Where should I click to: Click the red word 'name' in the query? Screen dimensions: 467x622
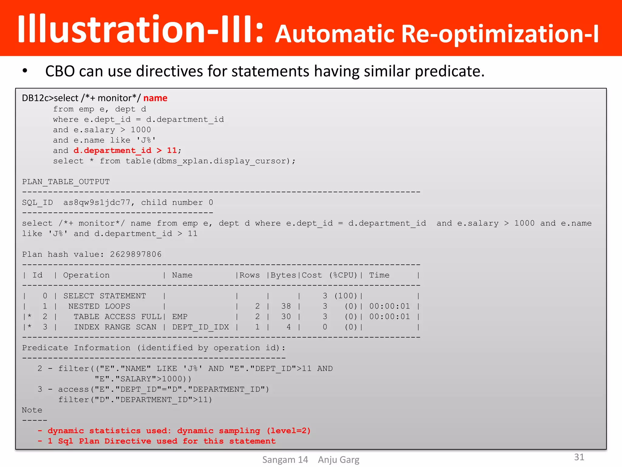155,98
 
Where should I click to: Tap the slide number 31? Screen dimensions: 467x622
579,457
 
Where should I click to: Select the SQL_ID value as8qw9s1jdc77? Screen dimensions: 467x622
97,202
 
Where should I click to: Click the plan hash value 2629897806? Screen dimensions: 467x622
135,254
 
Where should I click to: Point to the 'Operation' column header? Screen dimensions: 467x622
86,275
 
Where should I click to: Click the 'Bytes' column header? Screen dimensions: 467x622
283,275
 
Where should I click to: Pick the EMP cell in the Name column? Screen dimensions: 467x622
180,317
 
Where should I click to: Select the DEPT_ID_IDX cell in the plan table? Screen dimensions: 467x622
200,327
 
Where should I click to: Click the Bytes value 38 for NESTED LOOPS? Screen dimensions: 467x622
286,306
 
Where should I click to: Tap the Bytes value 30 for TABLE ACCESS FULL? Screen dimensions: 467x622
286,317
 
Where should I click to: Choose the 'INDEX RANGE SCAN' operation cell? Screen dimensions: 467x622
115,327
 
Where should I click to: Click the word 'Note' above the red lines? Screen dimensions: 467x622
32,410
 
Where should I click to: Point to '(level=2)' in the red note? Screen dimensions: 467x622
289,431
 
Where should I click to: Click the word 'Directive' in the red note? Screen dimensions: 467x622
128,441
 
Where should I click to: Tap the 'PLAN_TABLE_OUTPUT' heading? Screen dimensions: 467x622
66,182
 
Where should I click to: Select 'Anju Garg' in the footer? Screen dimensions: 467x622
338,460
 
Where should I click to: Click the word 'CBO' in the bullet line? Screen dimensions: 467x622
60,71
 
